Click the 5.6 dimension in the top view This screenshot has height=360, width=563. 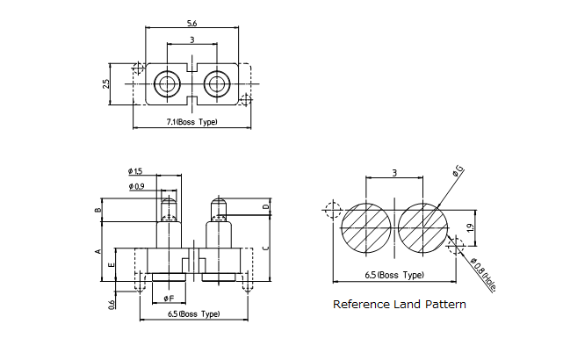(x=191, y=24)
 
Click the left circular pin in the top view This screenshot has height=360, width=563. (x=166, y=84)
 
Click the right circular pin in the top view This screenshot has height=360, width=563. (x=216, y=84)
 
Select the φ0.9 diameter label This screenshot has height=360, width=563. (x=136, y=187)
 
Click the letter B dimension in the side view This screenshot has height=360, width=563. (x=98, y=210)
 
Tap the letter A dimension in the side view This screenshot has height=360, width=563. (x=98, y=251)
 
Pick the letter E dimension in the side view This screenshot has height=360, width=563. (x=111, y=264)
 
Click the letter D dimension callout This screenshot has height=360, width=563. (x=266, y=207)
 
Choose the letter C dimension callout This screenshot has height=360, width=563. (x=266, y=249)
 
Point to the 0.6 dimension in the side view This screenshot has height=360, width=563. (x=112, y=304)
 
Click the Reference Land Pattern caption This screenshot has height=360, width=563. (x=399, y=305)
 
